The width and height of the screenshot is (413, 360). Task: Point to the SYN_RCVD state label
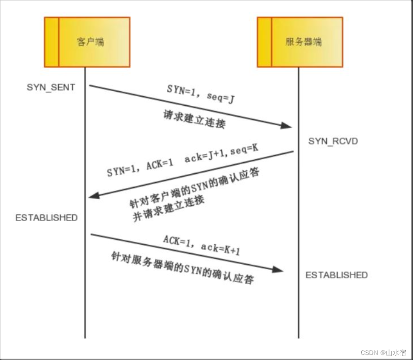coord(333,141)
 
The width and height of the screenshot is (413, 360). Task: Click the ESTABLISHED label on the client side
coord(46,217)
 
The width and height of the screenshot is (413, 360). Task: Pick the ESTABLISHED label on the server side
coord(336,275)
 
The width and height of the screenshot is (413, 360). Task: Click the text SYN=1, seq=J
coord(200,95)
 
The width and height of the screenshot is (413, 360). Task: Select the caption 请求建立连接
coord(194,119)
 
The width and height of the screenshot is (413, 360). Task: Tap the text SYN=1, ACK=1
coord(140,168)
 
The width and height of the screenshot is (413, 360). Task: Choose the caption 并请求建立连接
coord(169,207)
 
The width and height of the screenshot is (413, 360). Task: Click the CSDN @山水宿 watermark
coord(383,352)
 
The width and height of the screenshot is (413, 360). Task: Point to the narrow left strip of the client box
coord(51,42)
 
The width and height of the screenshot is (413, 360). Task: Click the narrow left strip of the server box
coord(264,42)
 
